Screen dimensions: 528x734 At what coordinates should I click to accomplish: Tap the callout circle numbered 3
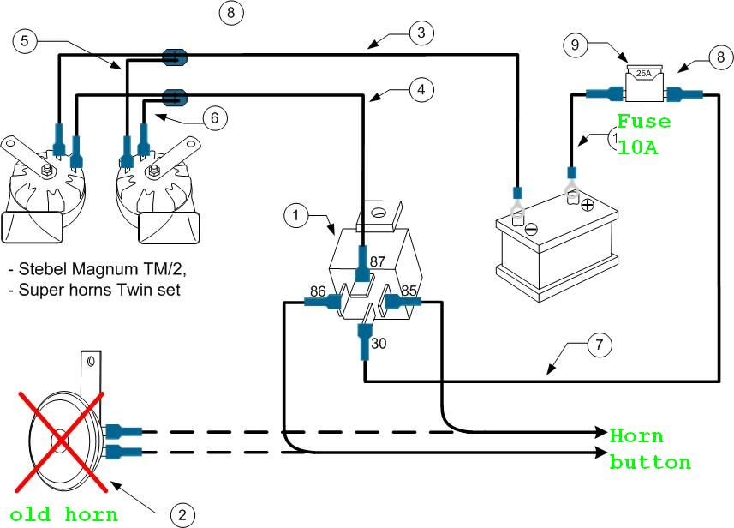tap(421, 33)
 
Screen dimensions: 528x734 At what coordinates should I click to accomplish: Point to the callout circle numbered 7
tap(600, 345)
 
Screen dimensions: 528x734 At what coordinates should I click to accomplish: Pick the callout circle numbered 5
tap(27, 39)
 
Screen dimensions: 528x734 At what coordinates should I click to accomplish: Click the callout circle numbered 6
tap(216, 118)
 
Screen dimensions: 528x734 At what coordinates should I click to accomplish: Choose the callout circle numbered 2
tap(182, 514)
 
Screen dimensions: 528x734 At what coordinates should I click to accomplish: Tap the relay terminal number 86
tap(317, 291)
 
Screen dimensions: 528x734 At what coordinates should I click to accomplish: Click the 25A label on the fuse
tap(642, 74)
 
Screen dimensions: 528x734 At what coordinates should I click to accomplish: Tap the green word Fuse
tap(644, 122)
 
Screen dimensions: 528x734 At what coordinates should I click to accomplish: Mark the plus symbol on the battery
tap(588, 206)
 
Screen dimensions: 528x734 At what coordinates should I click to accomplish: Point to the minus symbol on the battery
tap(530, 228)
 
